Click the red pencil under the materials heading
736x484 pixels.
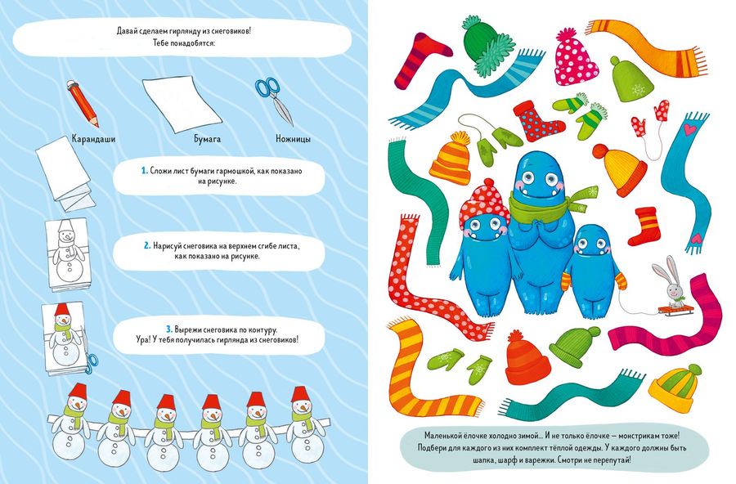83,103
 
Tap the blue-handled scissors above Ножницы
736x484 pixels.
275,101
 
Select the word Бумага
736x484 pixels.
207,139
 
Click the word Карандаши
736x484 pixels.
93,139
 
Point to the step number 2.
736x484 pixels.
147,246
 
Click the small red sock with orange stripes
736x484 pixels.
645,226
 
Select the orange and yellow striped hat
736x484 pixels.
450,158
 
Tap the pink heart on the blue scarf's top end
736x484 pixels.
689,128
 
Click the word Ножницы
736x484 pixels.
294,139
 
